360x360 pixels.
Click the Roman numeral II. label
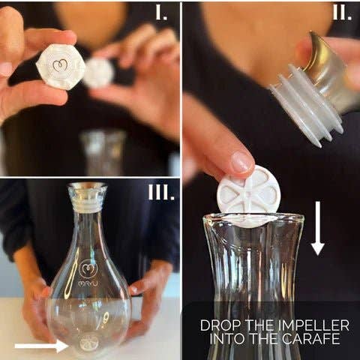[341, 13]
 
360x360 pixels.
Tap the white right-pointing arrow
[41, 346]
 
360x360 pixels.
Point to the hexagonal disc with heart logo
[60, 66]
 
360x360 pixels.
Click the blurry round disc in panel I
[98, 73]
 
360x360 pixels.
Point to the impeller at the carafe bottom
[89, 343]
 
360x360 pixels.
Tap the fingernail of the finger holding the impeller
[241, 160]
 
